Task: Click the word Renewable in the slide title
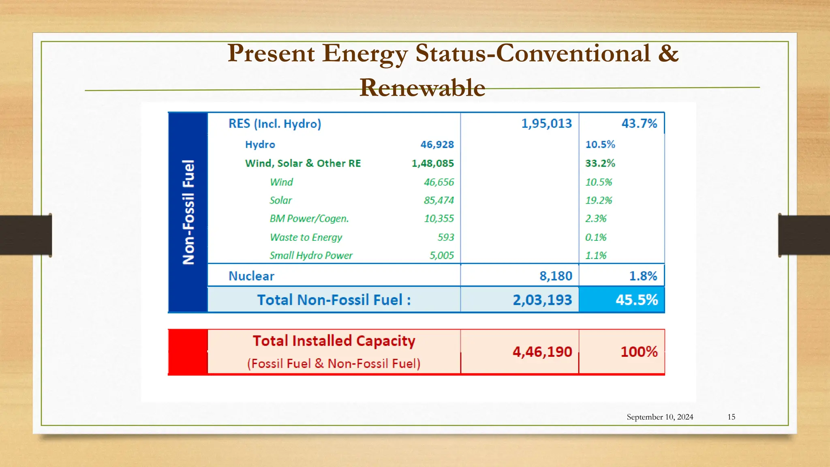click(x=422, y=88)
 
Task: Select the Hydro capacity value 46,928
click(x=437, y=144)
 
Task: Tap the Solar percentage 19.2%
click(x=599, y=200)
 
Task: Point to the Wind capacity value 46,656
click(x=439, y=182)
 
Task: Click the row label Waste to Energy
click(x=306, y=237)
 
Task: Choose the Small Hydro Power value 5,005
click(x=442, y=255)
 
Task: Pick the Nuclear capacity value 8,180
click(x=556, y=276)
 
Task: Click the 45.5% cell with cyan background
click(x=637, y=300)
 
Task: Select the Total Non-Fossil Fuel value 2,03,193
click(x=542, y=300)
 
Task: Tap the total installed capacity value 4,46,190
click(x=542, y=352)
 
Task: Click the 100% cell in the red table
click(x=639, y=351)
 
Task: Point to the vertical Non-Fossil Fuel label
click(x=188, y=212)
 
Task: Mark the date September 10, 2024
click(x=660, y=417)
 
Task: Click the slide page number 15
click(x=731, y=417)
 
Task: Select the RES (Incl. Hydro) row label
click(x=275, y=124)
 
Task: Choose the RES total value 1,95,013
click(x=546, y=123)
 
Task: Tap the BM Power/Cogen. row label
click(x=309, y=219)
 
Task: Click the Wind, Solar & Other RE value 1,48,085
click(x=433, y=163)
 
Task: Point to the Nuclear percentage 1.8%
click(x=643, y=276)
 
